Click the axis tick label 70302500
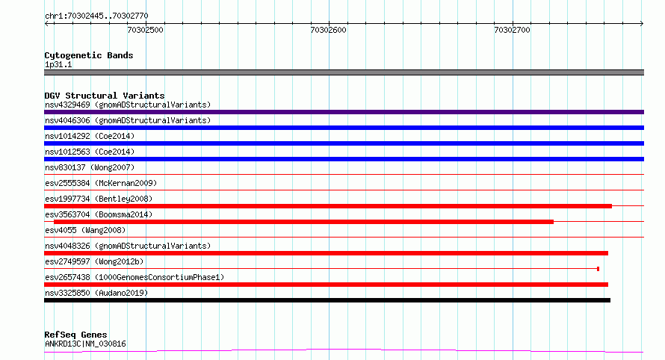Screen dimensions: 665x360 coord(145,30)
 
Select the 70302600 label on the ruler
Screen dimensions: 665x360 coord(328,30)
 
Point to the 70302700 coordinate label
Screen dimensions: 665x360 coord(512,30)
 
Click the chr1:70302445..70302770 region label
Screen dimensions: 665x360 coord(96,16)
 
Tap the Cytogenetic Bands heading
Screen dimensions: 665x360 coord(89,55)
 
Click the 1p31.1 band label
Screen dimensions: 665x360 coord(58,64)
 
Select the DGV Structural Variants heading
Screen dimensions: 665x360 coord(105,96)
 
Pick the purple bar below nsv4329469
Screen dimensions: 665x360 coord(344,112)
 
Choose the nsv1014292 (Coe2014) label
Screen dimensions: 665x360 coord(90,136)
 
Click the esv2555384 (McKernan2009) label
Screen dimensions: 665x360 coord(101,183)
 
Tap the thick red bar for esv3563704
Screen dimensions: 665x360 coord(303,222)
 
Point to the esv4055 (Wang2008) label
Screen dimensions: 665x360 coord(85,230)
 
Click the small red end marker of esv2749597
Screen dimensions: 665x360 coord(598,269)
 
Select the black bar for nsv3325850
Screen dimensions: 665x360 coord(327,300)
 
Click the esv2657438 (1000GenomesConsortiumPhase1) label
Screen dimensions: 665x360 coord(134,277)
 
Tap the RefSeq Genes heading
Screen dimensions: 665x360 coord(75,335)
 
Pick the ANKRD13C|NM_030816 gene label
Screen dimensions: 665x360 coord(85,344)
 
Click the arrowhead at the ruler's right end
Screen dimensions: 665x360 coord(642,23)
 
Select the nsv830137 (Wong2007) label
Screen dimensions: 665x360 coord(90,167)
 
